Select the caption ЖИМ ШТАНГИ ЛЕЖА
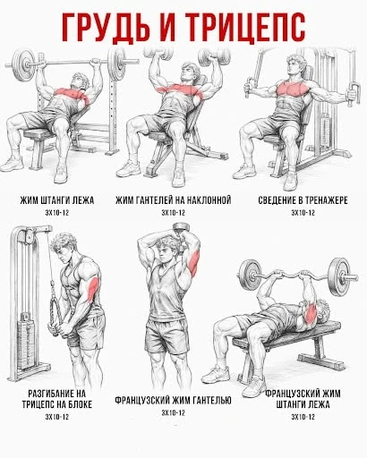pos(57,200)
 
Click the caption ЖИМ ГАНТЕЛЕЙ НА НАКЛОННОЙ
pos(174,200)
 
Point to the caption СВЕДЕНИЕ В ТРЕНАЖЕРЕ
pos(303,200)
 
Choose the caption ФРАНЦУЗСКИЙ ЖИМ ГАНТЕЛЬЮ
pos(174,400)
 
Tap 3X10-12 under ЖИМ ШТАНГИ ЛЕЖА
pos(57,213)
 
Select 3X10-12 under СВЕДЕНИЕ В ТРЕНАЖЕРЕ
pos(303,213)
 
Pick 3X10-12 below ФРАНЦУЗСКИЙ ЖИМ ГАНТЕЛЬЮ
pos(174,412)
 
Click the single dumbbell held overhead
pos(181,228)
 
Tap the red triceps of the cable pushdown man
pos(91,287)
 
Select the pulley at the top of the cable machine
pos(29,236)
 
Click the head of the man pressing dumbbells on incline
pos(190,72)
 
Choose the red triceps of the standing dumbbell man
pos(194,262)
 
